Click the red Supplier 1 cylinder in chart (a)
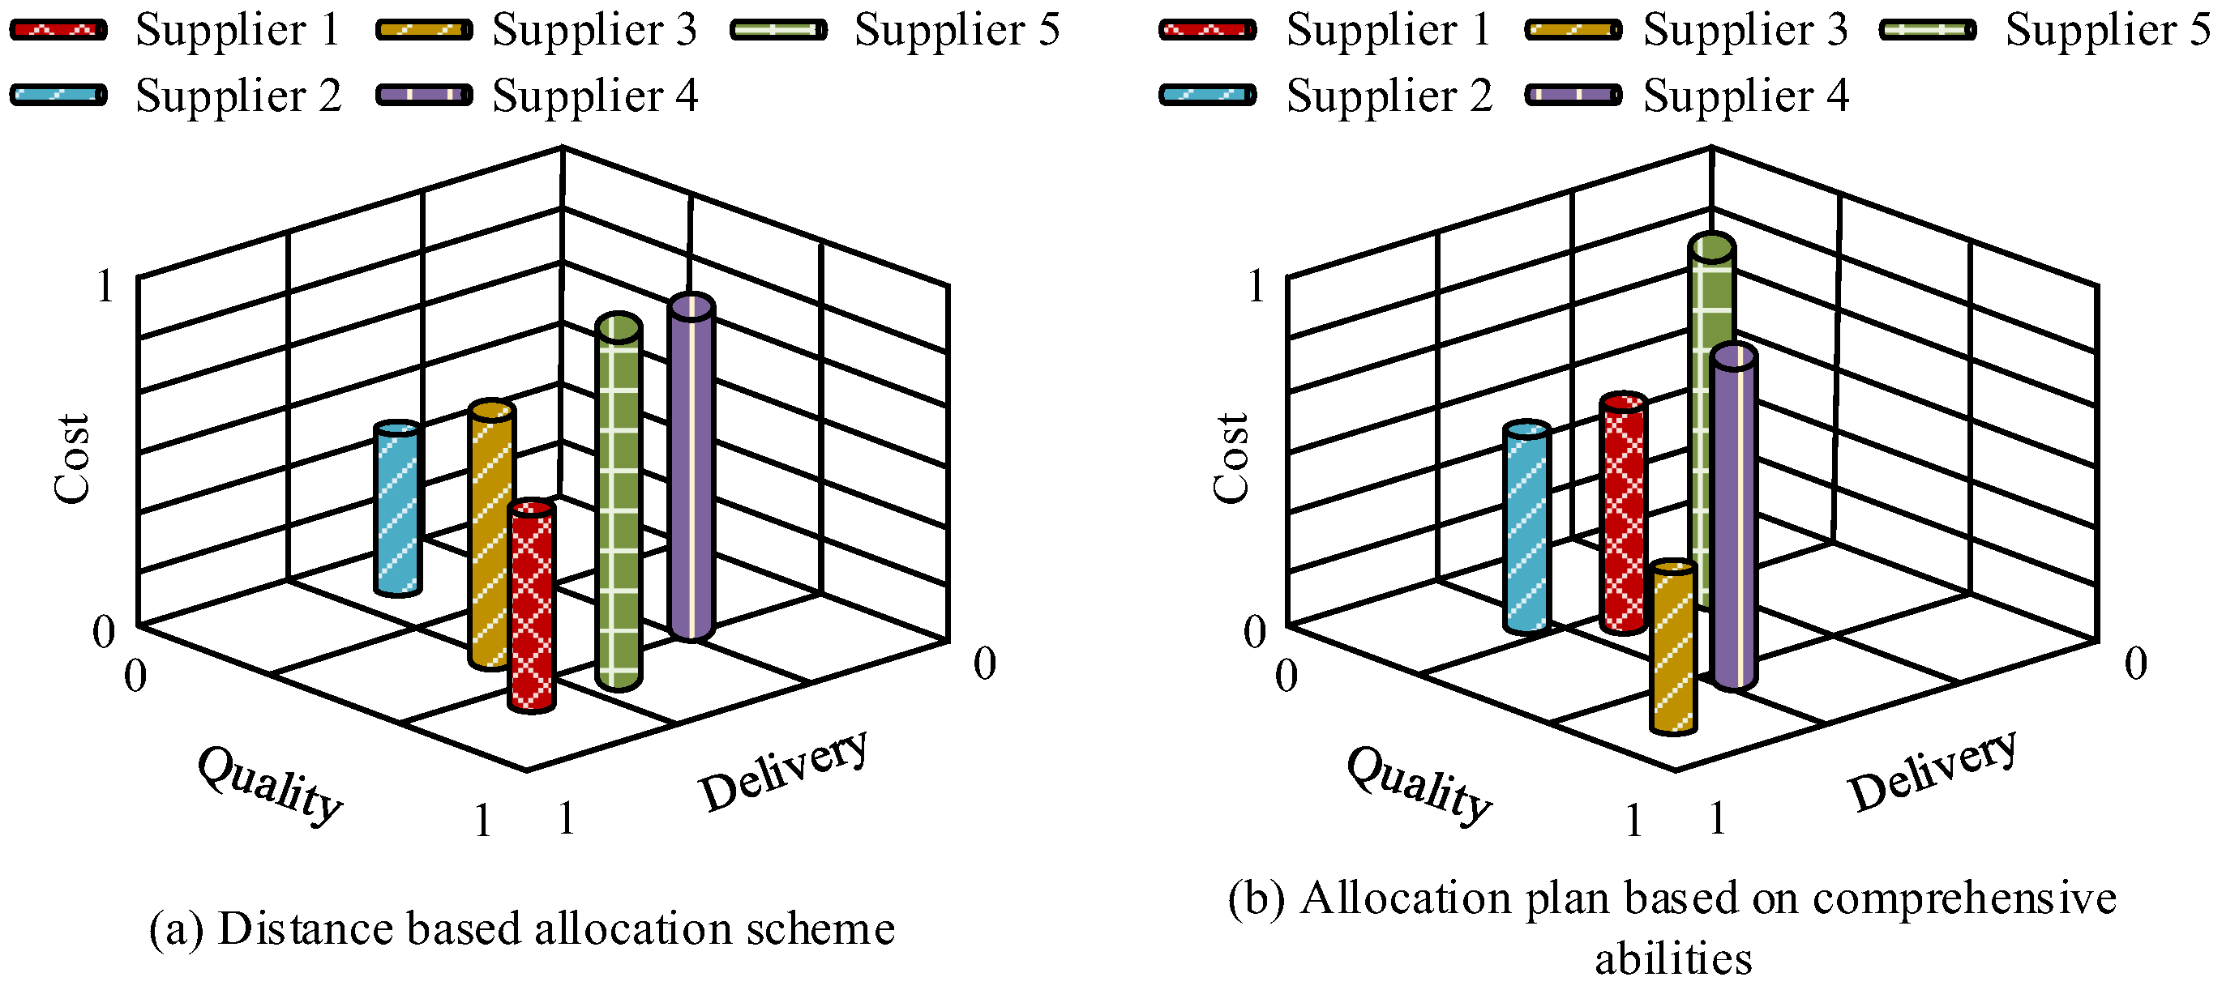[531, 605]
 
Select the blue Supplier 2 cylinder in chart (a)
[398, 509]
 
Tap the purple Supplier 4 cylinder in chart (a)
[691, 467]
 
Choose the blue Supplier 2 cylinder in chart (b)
[1526, 527]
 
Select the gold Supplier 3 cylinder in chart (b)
[1673, 646]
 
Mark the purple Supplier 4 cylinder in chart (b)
[1734, 518]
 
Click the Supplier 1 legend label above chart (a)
[238, 30]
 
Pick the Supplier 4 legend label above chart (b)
[1746, 95]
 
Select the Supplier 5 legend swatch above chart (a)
[779, 30]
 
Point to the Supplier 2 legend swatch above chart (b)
[1208, 95]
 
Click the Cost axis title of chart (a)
[71, 458]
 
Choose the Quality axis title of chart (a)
[270, 785]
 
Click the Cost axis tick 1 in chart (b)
[1256, 285]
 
